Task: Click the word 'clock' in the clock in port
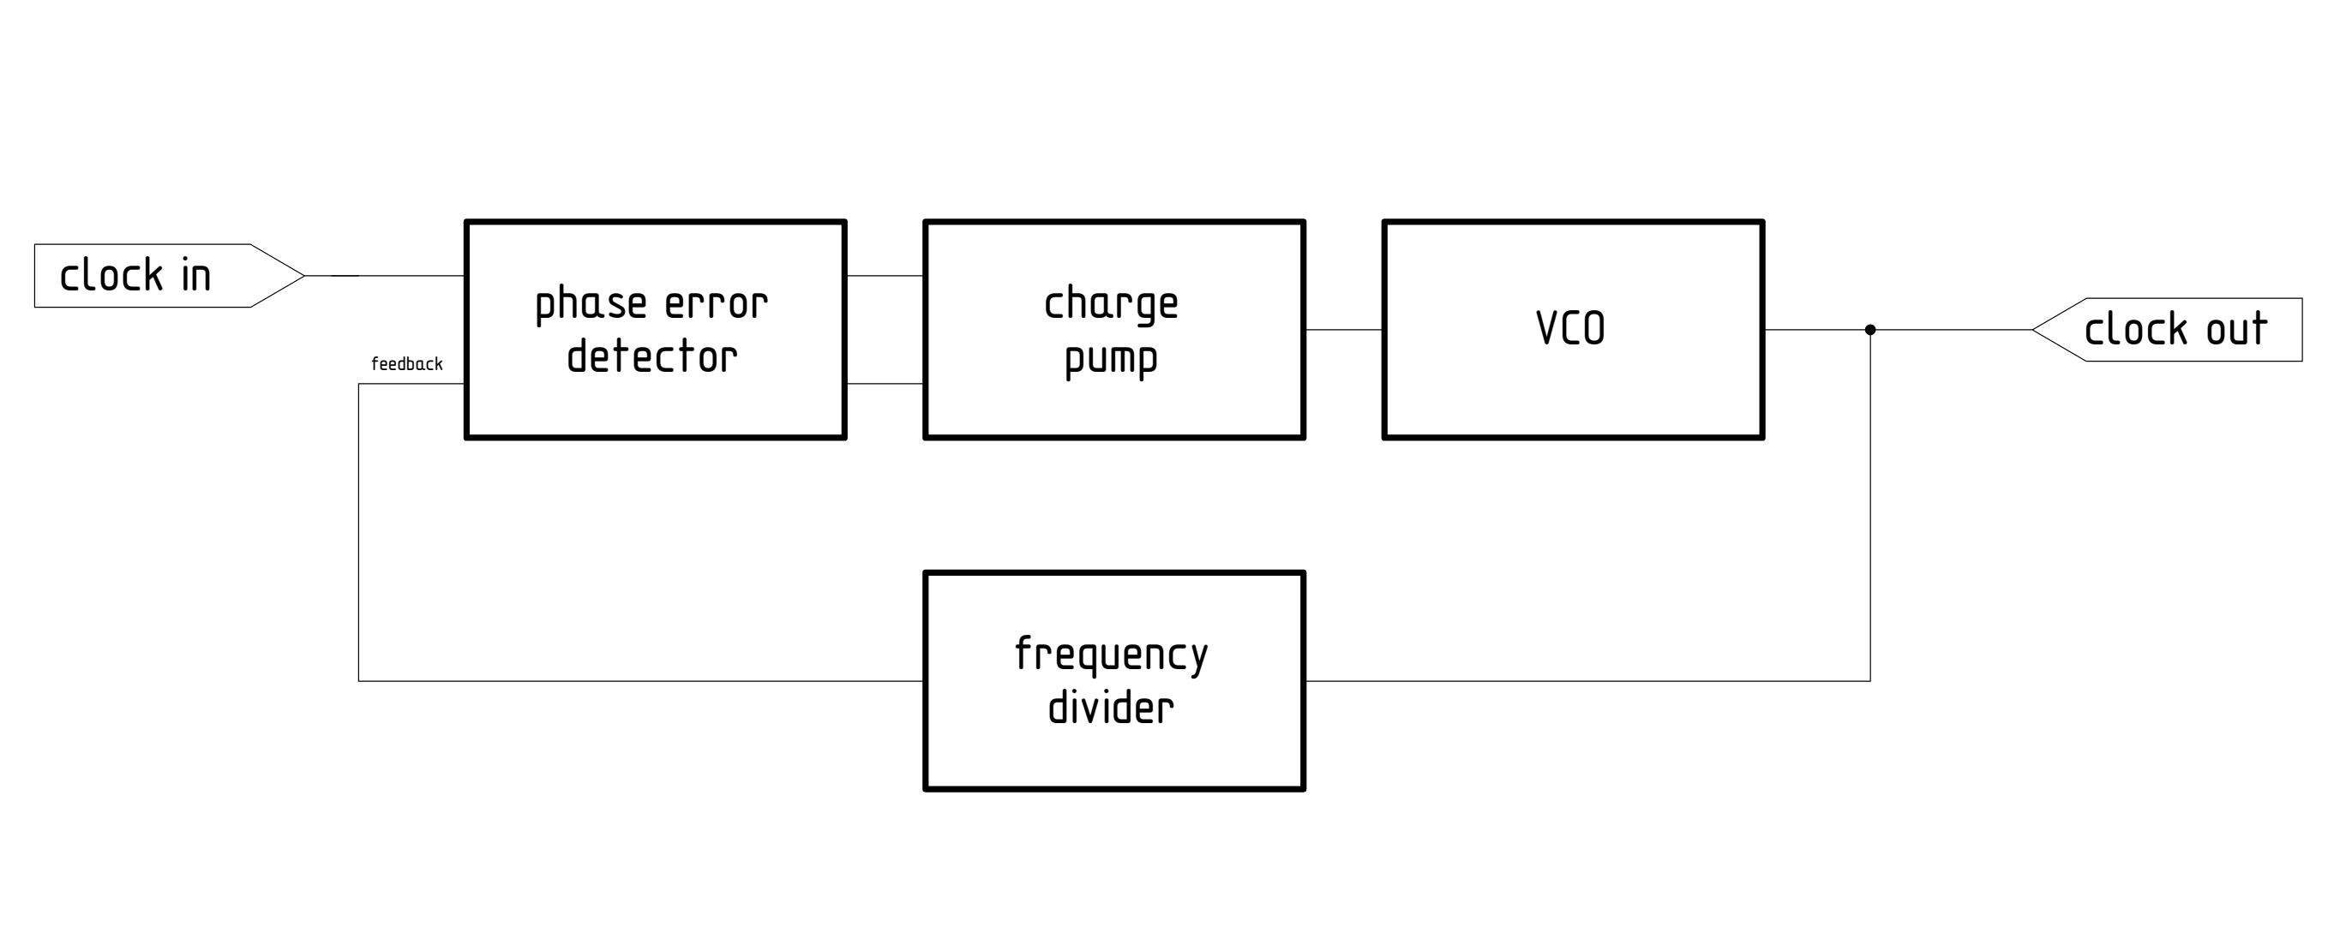[x=111, y=276]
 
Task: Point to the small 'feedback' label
[x=406, y=364]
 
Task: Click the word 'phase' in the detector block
[x=591, y=304]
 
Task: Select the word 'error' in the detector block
[x=716, y=304]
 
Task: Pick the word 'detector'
[x=652, y=357]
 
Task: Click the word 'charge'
[x=1111, y=304]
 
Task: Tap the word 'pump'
[x=1111, y=359]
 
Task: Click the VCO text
[x=1570, y=329]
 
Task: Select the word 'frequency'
[x=1111, y=655]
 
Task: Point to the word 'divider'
[x=1111, y=709]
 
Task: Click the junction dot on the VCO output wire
[x=1870, y=330]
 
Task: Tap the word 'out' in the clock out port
[x=2236, y=330]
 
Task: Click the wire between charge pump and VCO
[x=1343, y=330]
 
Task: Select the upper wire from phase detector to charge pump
[x=885, y=276]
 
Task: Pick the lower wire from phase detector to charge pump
[x=885, y=384]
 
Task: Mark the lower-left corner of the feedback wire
[x=359, y=681]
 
